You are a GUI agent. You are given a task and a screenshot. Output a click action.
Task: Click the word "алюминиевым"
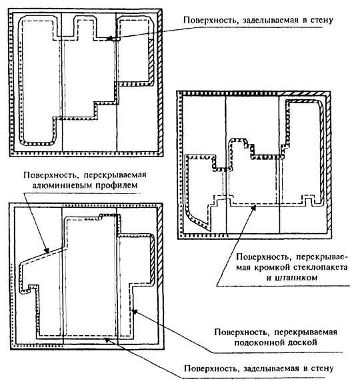(61, 185)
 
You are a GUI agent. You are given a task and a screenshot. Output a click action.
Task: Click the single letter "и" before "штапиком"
(269, 278)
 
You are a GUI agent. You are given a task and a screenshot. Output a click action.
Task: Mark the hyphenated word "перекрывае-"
(322, 257)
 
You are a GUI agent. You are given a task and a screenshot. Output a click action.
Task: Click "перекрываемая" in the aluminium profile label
(115, 175)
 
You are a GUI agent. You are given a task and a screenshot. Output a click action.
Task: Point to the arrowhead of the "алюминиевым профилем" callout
(47, 250)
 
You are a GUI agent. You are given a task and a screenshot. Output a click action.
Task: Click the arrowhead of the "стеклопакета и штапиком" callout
(254, 208)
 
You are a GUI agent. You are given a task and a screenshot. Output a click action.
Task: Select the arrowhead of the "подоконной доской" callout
(135, 312)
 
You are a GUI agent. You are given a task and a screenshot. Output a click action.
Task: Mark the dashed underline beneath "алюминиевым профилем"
(83, 193)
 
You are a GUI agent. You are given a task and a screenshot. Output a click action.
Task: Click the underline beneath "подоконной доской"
(277, 352)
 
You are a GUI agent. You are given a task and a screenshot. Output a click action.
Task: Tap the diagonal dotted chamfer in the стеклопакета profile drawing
(197, 220)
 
